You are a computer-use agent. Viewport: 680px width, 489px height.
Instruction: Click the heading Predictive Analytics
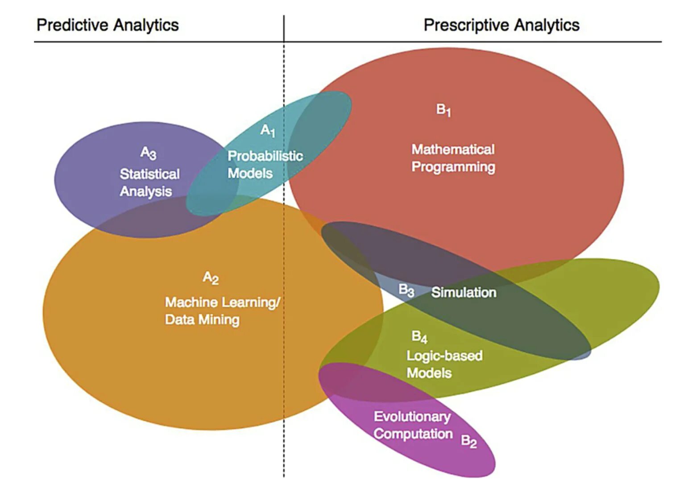[x=108, y=25]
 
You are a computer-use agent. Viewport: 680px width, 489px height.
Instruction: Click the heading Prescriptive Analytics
[x=501, y=25]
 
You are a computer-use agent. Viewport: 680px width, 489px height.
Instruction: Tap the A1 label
[x=268, y=130]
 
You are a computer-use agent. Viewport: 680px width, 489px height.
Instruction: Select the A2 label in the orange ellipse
[x=211, y=278]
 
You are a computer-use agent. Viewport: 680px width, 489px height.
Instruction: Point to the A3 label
[x=148, y=153]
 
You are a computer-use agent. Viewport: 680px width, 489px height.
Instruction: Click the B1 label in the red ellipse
[x=444, y=110]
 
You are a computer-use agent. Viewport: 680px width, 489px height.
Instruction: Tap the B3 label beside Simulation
[x=406, y=290]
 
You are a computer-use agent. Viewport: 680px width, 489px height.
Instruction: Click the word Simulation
[x=464, y=292]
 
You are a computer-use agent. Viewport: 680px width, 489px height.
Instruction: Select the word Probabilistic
[x=265, y=156]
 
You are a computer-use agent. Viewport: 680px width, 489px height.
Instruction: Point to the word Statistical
[x=149, y=174]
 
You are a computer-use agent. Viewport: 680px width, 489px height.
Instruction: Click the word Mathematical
[x=452, y=149]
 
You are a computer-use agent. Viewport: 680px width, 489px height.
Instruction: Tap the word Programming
[x=453, y=167]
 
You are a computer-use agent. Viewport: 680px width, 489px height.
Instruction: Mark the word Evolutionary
[x=412, y=416]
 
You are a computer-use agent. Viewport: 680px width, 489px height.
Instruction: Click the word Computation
[x=413, y=434]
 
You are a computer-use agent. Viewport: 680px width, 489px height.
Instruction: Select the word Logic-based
[x=444, y=356]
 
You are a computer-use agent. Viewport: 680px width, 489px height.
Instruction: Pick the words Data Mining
[x=202, y=319]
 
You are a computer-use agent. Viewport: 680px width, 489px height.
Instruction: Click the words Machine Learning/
[x=222, y=302]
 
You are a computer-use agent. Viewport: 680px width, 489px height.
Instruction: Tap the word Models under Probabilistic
[x=250, y=173]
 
